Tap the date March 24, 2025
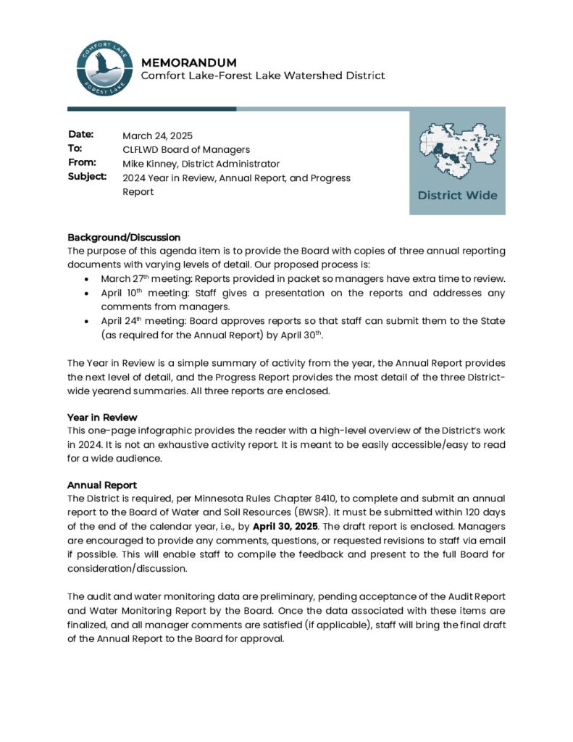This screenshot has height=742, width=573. click(x=157, y=136)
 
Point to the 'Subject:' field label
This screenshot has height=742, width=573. click(x=87, y=176)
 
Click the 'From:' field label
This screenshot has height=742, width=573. click(x=82, y=162)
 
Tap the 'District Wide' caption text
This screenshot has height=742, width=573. click(x=457, y=195)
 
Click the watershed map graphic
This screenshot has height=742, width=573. click(x=457, y=151)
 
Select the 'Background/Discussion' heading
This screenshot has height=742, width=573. click(x=124, y=237)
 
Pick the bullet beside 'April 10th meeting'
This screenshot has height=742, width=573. click(x=87, y=293)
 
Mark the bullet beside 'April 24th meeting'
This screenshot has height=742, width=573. click(x=87, y=321)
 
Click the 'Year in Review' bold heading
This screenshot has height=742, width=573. click(x=102, y=417)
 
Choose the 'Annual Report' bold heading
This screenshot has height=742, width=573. click(x=102, y=485)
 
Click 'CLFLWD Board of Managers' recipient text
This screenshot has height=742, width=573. click(x=185, y=149)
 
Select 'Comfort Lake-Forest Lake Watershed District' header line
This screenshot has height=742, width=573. click(x=262, y=75)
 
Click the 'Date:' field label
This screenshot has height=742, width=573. click(x=81, y=135)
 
